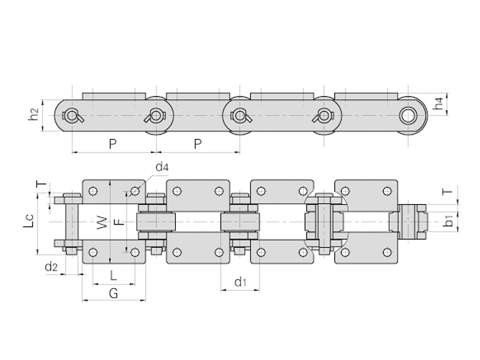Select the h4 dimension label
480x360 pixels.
click(x=441, y=103)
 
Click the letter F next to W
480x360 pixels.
click(x=119, y=223)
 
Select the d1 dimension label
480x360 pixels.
click(x=241, y=281)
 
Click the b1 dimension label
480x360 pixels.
click(x=449, y=223)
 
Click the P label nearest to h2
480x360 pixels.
click(x=112, y=144)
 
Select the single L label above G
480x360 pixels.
click(x=115, y=275)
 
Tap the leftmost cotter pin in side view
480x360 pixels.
click(x=72, y=115)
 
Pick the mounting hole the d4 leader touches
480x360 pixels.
click(x=135, y=191)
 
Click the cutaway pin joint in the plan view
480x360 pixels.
click(x=324, y=223)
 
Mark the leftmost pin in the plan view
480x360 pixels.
click(x=67, y=223)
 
